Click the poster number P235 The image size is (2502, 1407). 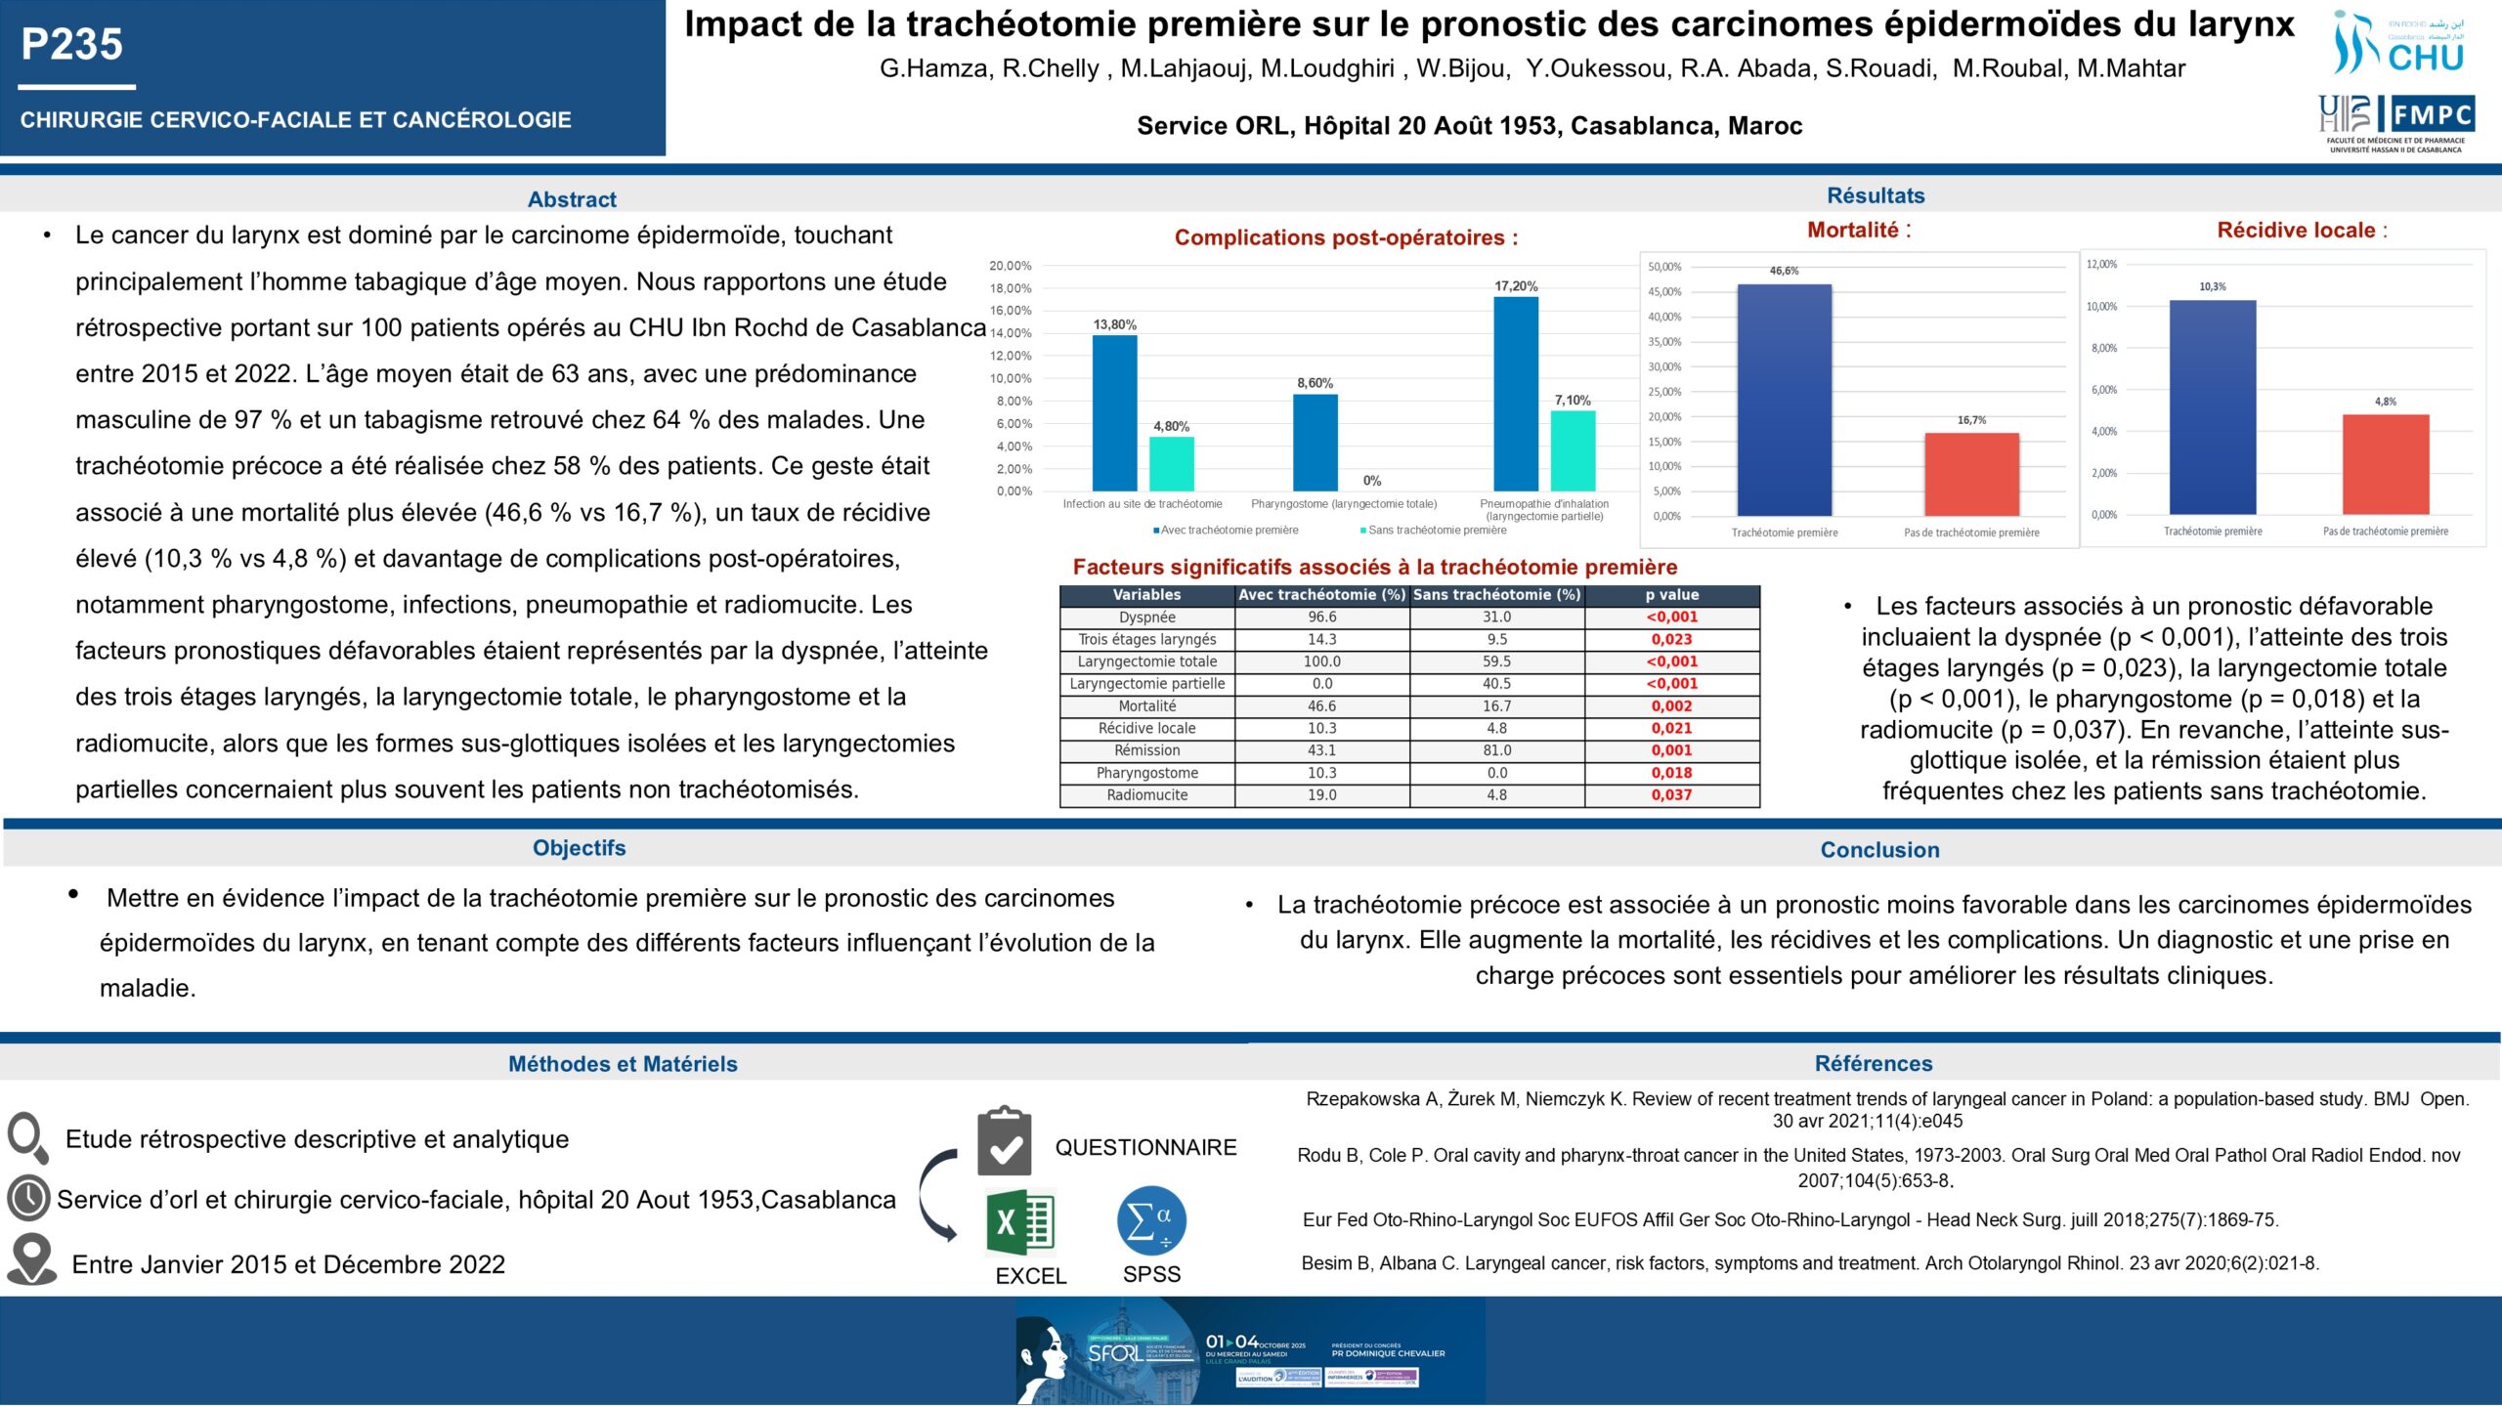[x=72, y=45]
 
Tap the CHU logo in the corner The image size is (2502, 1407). [x=2398, y=44]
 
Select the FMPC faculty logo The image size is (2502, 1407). [x=2395, y=123]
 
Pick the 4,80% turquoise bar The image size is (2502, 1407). [x=1171, y=463]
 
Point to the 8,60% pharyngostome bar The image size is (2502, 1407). [x=1315, y=442]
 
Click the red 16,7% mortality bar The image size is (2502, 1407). [x=1971, y=473]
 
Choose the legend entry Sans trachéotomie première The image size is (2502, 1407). [x=1437, y=531]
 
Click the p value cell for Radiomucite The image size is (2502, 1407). [x=1671, y=795]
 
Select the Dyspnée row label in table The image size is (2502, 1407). [x=1146, y=618]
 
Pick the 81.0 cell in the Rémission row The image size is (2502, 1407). [x=1496, y=750]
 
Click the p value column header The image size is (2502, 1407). [x=1671, y=595]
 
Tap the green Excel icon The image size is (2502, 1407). [x=1019, y=1222]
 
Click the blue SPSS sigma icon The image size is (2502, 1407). [x=1151, y=1220]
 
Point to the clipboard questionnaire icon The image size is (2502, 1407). [x=1005, y=1141]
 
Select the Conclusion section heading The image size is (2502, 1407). [x=1879, y=850]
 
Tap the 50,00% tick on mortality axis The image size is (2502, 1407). [x=1664, y=267]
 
